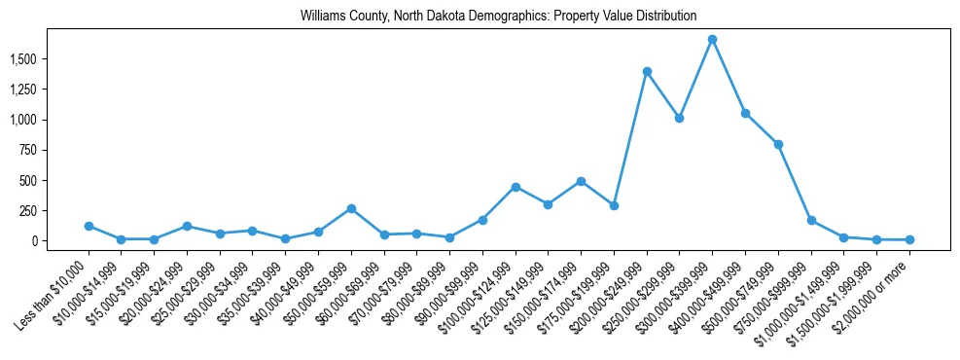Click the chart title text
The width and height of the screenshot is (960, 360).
[x=498, y=16]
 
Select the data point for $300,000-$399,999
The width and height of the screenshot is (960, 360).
[x=712, y=40]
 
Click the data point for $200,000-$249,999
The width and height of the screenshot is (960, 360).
[x=647, y=72]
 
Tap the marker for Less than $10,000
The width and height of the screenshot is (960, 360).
[x=89, y=226]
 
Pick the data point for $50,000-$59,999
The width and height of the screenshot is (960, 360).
[x=351, y=208]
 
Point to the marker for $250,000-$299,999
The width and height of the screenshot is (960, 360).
[x=679, y=118]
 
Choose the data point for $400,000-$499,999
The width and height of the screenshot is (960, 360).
[x=745, y=113]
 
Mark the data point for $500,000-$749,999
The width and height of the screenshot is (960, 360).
[x=778, y=144]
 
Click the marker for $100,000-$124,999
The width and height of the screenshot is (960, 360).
[x=516, y=187]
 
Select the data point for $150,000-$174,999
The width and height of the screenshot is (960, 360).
[x=581, y=181]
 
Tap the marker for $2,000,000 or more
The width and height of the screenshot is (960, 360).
[x=909, y=239]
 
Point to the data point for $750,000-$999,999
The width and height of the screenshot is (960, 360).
[x=811, y=221]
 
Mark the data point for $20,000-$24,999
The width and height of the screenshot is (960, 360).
[x=187, y=226]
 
